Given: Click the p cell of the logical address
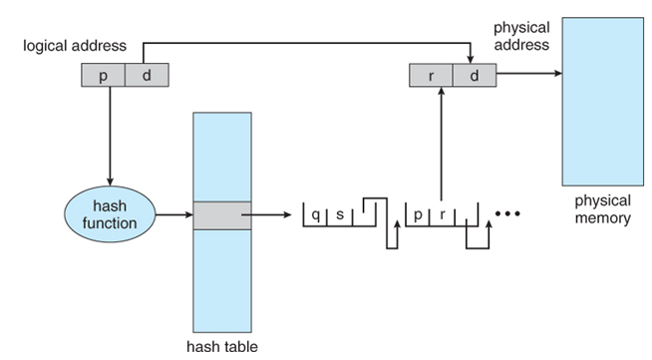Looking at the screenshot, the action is tap(103, 75).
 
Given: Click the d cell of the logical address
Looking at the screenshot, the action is tap(147, 75).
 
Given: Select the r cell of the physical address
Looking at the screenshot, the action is tap(431, 75).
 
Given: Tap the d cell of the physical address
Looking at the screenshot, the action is tap(475, 75).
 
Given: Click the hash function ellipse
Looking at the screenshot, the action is tap(110, 214).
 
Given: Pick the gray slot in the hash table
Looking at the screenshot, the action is tap(222, 215).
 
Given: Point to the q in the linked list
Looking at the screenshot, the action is tap(316, 215).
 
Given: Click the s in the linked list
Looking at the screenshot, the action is tap(340, 214).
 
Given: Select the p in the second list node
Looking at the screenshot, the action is tap(418, 215).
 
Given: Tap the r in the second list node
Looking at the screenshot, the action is tap(443, 214).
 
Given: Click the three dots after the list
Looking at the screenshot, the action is tap(507, 213).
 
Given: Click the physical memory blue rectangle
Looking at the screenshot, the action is tap(603, 102).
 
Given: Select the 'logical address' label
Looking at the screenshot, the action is tap(75, 45).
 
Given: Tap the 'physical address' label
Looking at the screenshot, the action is tap(521, 36).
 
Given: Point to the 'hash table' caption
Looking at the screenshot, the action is tap(222, 346).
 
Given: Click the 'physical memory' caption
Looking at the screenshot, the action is tap(603, 209).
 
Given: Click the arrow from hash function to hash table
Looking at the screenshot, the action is tap(174, 214).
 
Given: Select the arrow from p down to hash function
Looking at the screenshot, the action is tap(110, 136).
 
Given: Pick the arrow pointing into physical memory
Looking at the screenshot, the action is tap(529, 74).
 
